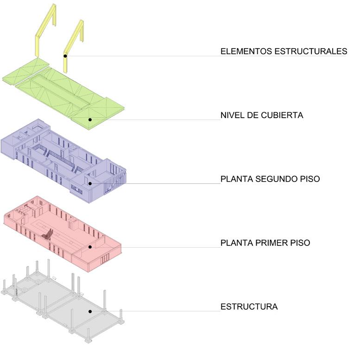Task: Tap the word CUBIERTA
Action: point(284,115)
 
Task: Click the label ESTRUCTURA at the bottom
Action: point(249,307)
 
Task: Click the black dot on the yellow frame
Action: point(66,56)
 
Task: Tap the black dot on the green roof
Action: point(91,119)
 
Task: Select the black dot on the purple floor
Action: point(91,183)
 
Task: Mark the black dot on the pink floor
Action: point(91,247)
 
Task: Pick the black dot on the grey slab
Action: point(90,311)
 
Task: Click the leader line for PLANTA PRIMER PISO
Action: point(162,247)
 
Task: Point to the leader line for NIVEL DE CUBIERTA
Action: point(162,120)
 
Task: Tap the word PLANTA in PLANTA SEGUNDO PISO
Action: point(236,179)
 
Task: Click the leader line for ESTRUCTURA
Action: point(162,311)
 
